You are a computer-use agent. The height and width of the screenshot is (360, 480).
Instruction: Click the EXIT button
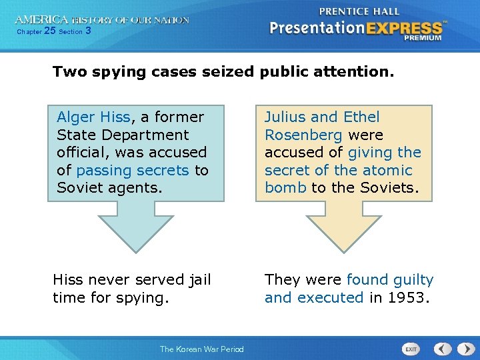(412, 349)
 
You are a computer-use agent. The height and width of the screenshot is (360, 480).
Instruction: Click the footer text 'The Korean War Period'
(201, 349)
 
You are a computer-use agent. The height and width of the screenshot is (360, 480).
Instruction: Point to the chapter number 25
(49, 31)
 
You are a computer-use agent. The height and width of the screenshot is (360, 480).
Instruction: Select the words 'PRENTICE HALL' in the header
(359, 11)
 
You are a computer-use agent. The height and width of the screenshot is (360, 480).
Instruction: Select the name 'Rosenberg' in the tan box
(303, 135)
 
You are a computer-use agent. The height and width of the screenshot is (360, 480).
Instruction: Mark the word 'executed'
(331, 297)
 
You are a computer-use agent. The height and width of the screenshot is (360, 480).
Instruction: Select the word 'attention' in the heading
(357, 71)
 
